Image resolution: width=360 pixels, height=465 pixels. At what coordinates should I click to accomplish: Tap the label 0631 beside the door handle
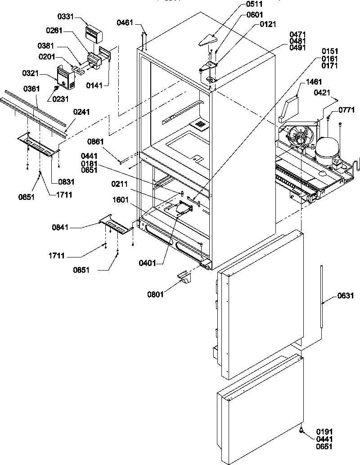coord(345,296)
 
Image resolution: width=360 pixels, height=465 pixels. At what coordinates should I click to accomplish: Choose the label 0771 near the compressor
coord(346,109)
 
